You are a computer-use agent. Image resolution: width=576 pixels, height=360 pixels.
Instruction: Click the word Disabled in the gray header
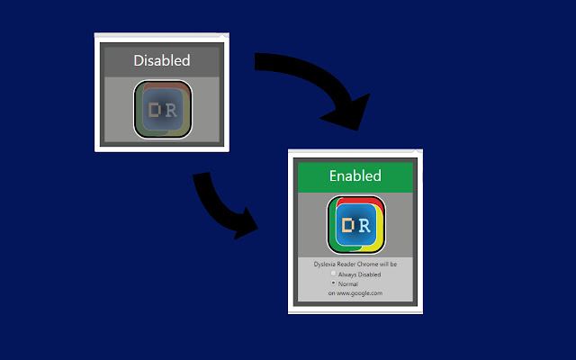[x=162, y=61]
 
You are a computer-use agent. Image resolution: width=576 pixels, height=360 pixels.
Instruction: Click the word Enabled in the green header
[x=355, y=175]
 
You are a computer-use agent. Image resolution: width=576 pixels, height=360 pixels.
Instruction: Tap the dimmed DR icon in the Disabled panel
[x=162, y=110]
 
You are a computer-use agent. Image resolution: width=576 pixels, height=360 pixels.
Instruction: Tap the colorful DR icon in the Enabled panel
[x=355, y=224]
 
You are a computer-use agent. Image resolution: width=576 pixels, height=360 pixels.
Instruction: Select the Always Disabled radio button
[x=334, y=274]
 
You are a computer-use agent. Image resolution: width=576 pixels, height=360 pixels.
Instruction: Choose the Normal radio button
[x=334, y=283]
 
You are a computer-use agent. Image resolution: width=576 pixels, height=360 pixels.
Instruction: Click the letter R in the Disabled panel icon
[x=172, y=110]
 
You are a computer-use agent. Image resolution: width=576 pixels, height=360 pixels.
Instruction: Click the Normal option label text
[x=348, y=283]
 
